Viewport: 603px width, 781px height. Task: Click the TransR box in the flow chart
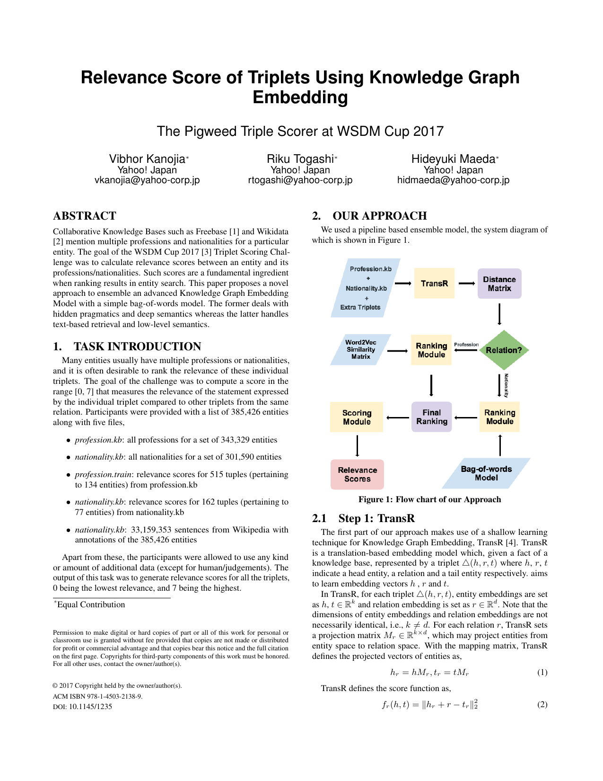pos(434,283)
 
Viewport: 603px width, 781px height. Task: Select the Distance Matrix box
pos(499,284)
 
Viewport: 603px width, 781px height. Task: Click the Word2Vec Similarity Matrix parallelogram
pos(360,350)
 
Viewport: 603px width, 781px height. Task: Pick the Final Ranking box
pos(431,417)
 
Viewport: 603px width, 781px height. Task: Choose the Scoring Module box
pos(357,417)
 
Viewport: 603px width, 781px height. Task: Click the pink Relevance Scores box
pos(357,474)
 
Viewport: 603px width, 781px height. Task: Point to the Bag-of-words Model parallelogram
pos(486,473)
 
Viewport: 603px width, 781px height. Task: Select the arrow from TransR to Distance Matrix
pos(466,284)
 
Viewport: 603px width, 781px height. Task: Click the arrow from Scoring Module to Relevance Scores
pos(357,445)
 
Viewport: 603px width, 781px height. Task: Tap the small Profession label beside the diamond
pos(466,345)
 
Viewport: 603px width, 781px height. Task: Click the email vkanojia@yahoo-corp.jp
pos(147,180)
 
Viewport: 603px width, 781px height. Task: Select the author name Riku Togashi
pos(300,159)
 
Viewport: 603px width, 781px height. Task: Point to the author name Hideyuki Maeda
pos(453,159)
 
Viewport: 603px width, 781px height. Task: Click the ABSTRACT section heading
pos(85,216)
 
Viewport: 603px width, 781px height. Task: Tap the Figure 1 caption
pos(429,499)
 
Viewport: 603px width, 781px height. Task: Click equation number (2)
pos(542,704)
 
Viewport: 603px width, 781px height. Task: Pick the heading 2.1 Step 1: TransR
pos(363,518)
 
